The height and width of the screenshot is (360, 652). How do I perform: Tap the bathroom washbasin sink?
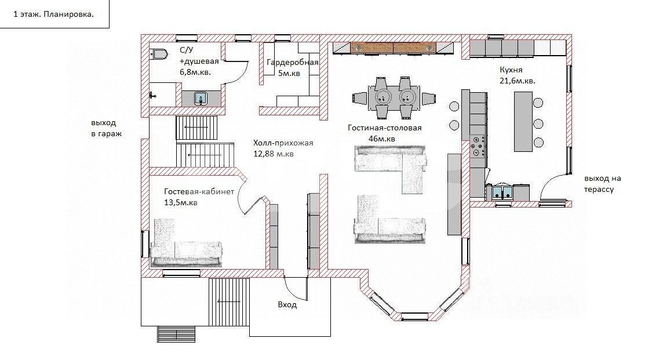pyautogui.click(x=201, y=99)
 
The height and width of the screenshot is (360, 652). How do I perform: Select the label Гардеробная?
pyautogui.click(x=293, y=63)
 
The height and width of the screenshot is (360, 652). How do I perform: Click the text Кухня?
pyautogui.click(x=511, y=70)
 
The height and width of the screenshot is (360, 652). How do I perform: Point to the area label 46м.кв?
pyautogui.click(x=382, y=139)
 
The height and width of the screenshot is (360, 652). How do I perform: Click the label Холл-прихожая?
pyautogui.click(x=283, y=143)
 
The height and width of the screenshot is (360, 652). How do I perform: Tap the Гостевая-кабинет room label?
pyautogui.click(x=199, y=192)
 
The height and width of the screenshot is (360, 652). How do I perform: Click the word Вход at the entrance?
pyautogui.click(x=287, y=305)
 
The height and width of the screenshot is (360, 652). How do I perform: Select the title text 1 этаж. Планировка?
pyautogui.click(x=54, y=14)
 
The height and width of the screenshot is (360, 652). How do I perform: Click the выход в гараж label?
pyautogui.click(x=107, y=129)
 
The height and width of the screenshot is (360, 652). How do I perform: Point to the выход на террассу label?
pyautogui.click(x=603, y=184)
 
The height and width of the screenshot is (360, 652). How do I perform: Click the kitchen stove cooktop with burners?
pyautogui.click(x=478, y=146)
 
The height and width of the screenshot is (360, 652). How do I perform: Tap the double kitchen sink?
pyautogui.click(x=502, y=192)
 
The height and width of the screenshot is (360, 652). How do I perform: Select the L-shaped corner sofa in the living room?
pyautogui.click(x=389, y=163)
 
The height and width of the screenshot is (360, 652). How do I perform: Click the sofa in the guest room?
pyautogui.click(x=185, y=248)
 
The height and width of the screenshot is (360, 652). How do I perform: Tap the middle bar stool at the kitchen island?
pyautogui.click(x=538, y=123)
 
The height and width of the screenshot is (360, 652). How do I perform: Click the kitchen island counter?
pyautogui.click(x=523, y=121)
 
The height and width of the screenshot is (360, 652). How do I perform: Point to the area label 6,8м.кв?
pyautogui.click(x=195, y=72)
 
